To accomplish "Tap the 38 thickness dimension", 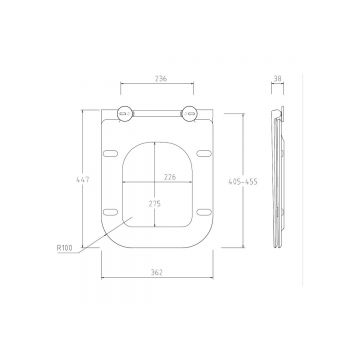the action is click(x=277, y=79).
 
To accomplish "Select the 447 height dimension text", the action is click(x=83, y=179).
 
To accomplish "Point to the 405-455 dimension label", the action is click(x=243, y=182).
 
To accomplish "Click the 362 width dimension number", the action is click(x=156, y=272).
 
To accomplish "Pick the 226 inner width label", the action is click(x=170, y=177).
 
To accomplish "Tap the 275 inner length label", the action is click(x=154, y=204).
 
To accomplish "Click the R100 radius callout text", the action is click(x=64, y=248).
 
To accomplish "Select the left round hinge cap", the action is click(x=125, y=114).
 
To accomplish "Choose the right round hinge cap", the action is click(x=189, y=114).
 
